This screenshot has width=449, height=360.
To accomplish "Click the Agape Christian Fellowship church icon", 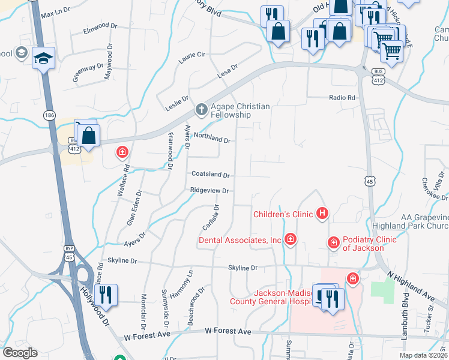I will (x=202, y=110).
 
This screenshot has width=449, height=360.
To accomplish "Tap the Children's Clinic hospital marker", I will (x=323, y=213).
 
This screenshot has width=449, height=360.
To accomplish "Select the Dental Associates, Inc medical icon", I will (x=291, y=240).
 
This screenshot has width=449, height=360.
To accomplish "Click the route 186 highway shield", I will (x=49, y=114).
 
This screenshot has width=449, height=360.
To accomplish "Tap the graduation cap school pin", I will (x=43, y=59).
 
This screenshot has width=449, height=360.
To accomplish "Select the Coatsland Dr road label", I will (x=210, y=175).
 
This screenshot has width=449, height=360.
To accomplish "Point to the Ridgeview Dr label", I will (x=209, y=191).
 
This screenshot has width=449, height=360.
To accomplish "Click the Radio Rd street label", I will (x=342, y=98).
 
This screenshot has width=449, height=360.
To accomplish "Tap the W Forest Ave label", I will (x=228, y=331).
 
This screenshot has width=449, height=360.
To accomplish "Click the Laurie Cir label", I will (x=192, y=58).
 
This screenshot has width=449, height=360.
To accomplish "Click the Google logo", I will (x=20, y=353).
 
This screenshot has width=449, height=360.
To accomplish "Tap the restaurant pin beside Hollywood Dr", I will (x=106, y=295).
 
